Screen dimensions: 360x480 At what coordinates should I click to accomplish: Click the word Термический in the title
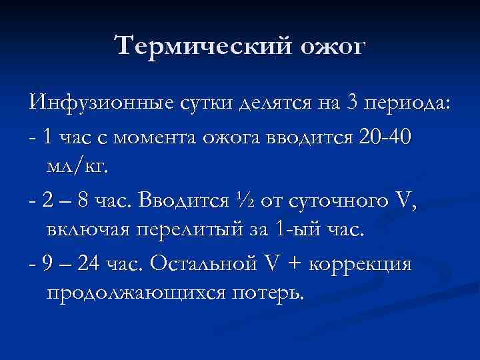[200, 47]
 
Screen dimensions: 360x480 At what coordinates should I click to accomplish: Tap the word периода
[408, 105]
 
